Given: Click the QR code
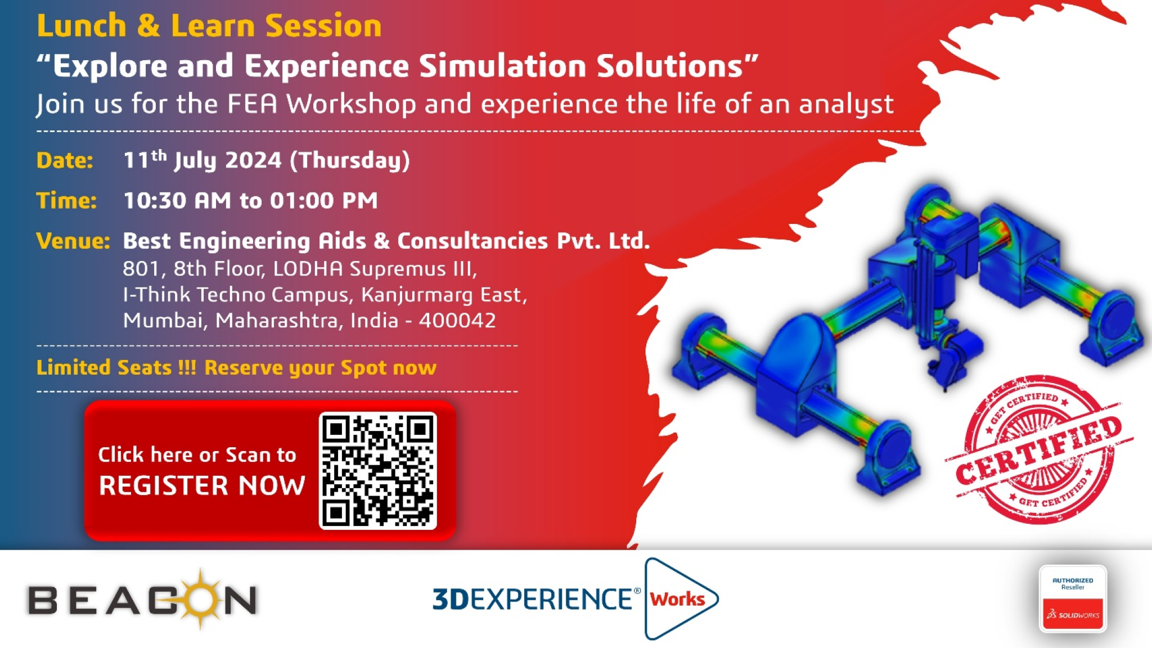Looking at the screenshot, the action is point(378,471).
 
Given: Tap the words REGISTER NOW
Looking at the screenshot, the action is point(202,485).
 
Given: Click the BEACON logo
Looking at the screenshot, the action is point(143,599).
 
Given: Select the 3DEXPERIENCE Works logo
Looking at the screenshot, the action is point(575,598).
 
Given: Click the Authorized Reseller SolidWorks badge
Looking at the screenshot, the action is point(1073,599).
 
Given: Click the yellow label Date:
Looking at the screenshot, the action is point(65,160).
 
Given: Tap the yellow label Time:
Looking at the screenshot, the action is point(66,200).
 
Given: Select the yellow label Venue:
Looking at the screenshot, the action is point(73,241).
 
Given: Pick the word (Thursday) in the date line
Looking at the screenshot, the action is point(350,161).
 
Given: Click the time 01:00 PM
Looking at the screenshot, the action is point(323,200).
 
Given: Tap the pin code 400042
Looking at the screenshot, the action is point(457,321).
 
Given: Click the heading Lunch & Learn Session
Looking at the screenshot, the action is point(209,26).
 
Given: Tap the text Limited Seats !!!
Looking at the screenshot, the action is point(116,367).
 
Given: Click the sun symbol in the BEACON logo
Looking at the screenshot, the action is point(200,598).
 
